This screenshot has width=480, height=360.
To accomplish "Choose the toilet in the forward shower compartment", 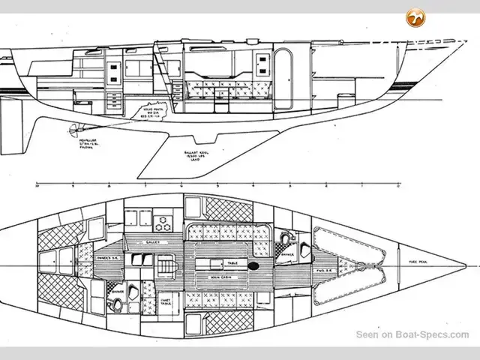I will pos(285,238).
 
